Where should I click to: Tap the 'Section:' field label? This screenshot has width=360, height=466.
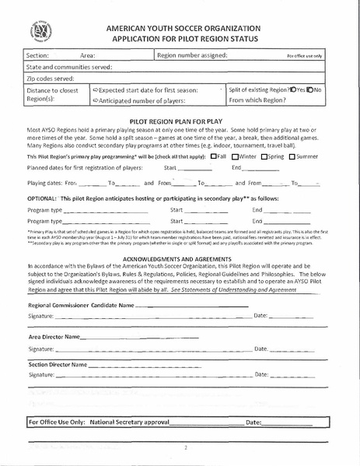tap(37, 56)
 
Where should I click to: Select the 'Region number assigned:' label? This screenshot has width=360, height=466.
tap(192, 56)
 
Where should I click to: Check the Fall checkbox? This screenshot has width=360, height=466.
tap(214, 156)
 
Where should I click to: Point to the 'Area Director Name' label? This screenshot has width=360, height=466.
tap(54, 337)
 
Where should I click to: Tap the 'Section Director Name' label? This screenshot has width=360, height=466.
tap(57, 364)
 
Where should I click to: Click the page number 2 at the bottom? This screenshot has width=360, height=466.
tap(186, 448)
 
